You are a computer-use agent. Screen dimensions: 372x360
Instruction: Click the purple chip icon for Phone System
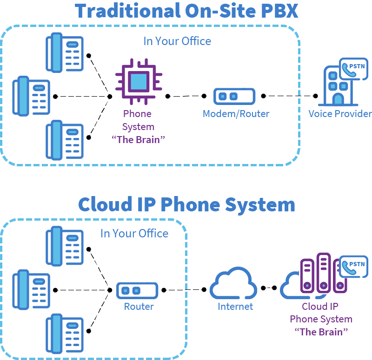(x=139, y=82)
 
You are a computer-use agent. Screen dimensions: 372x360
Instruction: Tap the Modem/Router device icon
(x=234, y=97)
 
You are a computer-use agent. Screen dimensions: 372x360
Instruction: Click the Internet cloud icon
(x=233, y=283)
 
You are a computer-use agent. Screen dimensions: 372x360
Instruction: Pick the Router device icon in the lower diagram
(x=137, y=291)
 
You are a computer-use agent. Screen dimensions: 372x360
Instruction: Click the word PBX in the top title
(x=279, y=11)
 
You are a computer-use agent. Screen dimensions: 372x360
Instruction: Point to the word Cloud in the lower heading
(x=105, y=204)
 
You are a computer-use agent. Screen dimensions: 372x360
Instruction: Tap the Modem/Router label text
(x=236, y=114)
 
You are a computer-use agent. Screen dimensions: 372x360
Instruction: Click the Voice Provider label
(x=340, y=114)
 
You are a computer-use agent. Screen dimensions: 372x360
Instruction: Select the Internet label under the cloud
(x=235, y=307)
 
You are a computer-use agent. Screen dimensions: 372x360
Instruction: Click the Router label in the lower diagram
(x=139, y=307)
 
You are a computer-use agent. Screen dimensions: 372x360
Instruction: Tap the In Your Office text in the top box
(x=177, y=41)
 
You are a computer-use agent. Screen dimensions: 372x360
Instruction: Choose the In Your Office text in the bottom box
(x=134, y=233)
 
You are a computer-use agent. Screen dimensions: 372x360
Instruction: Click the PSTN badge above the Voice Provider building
(x=353, y=69)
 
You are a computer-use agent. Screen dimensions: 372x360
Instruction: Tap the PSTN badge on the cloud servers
(x=353, y=267)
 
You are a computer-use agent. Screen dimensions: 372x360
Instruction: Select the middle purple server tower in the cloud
(x=324, y=273)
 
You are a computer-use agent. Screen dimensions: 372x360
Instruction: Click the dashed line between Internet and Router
(x=184, y=289)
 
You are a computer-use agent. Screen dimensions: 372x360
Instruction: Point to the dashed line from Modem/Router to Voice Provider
(x=289, y=96)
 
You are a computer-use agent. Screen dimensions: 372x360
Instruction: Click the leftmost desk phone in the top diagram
(x=31, y=96)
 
